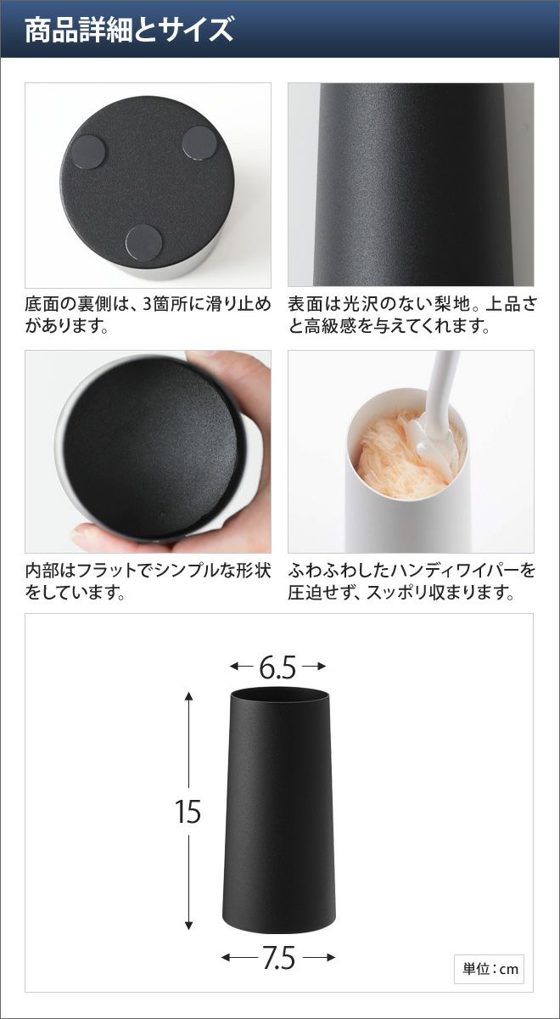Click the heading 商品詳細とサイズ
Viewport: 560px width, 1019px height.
click(129, 30)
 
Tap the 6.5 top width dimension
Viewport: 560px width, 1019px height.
click(277, 667)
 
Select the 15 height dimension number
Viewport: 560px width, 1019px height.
click(188, 812)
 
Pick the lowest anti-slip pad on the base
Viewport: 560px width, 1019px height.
click(143, 243)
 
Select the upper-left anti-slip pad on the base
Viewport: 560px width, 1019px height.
click(88, 151)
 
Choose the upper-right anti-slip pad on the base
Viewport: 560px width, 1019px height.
click(199, 143)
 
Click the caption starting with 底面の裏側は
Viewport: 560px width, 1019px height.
click(148, 315)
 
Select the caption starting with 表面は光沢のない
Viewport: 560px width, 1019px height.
click(412, 315)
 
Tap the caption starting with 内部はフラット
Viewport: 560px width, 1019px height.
click(148, 581)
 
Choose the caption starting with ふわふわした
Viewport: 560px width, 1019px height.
click(412, 581)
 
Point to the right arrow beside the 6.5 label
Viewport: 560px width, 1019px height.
click(314, 667)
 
